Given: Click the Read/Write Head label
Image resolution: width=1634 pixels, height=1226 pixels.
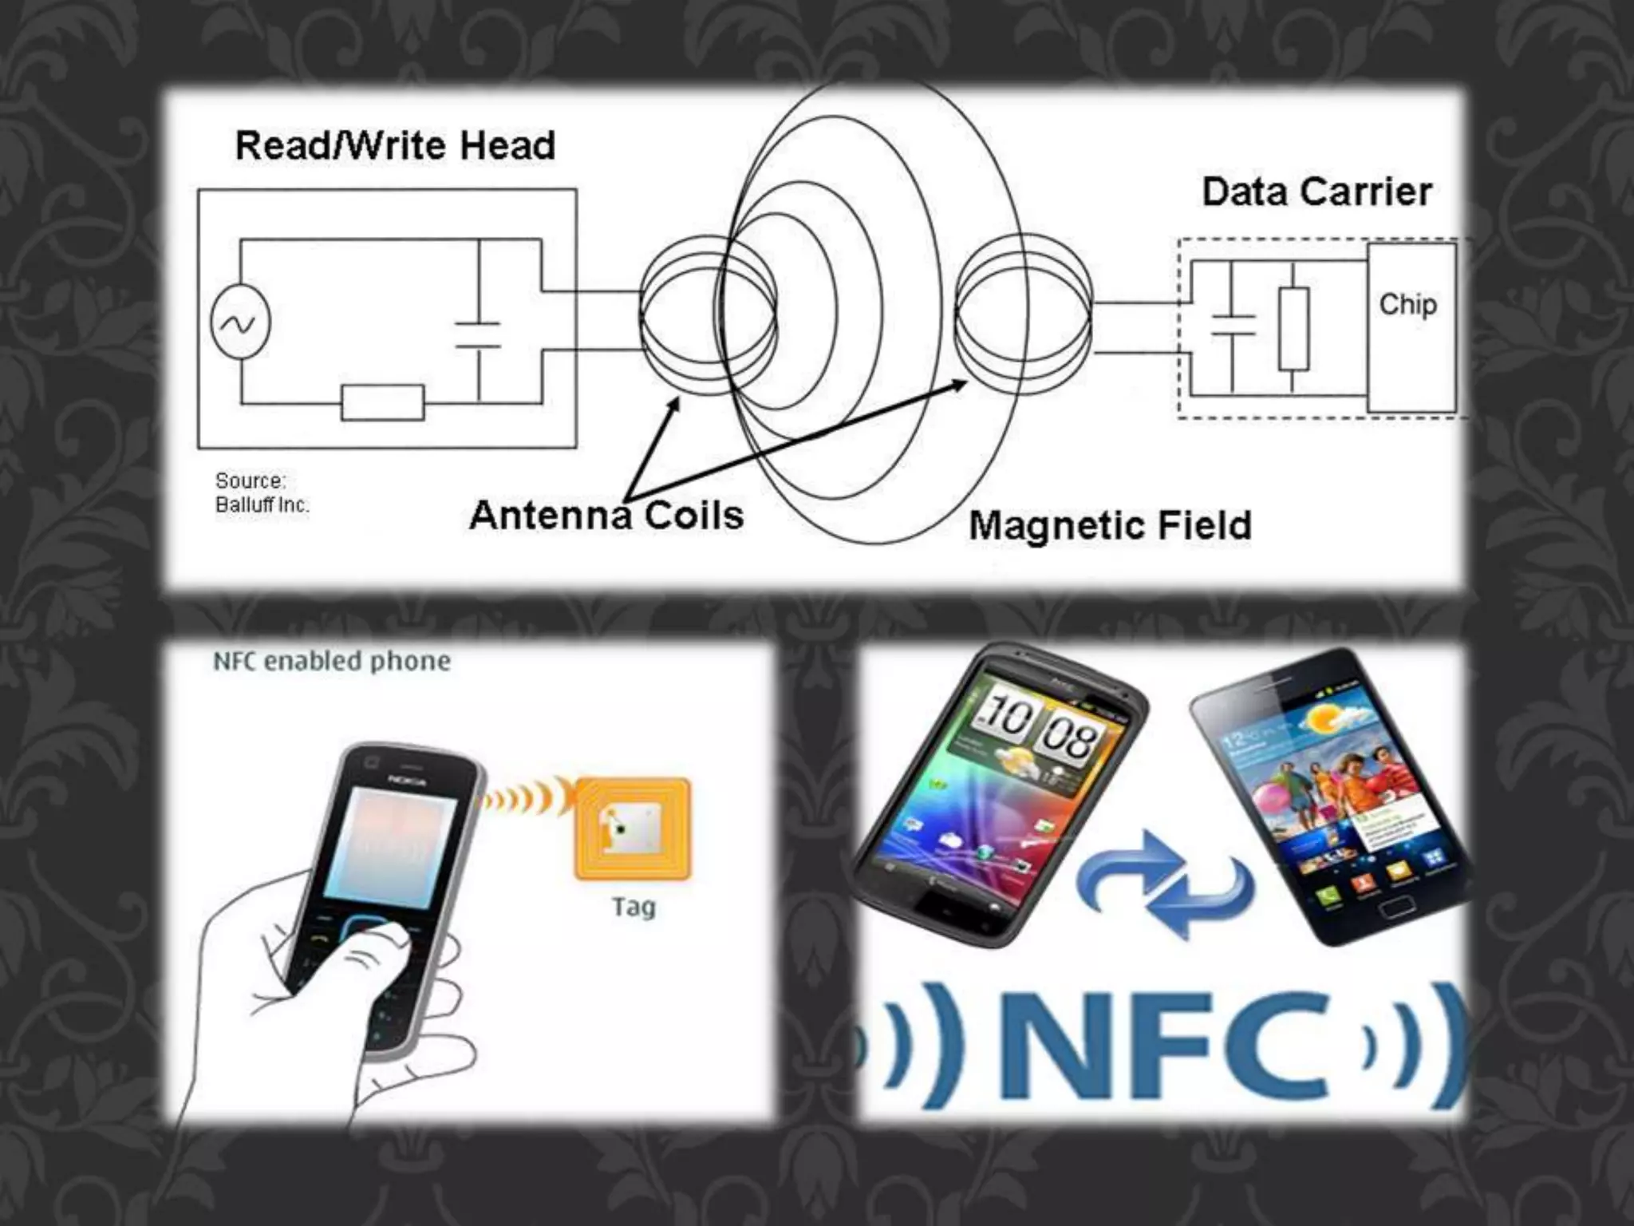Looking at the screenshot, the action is [395, 146].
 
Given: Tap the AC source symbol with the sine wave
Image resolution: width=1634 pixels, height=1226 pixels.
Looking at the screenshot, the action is [240, 322].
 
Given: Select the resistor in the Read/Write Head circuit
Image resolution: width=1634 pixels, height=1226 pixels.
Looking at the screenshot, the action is [383, 402].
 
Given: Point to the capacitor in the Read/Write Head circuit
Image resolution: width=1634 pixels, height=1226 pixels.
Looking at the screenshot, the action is [479, 335].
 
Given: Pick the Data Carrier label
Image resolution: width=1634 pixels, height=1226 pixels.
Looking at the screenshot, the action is [1316, 192].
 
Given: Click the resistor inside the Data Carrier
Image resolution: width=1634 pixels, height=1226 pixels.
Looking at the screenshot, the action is [1293, 329].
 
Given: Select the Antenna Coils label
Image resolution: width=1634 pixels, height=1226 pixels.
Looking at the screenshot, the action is [606, 515].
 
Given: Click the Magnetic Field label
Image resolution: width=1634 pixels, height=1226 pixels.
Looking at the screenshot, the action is [1110, 525].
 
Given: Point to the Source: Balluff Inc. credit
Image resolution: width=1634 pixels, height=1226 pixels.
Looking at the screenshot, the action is [261, 492].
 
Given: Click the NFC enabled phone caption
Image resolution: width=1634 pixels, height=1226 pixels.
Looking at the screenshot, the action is [331, 661].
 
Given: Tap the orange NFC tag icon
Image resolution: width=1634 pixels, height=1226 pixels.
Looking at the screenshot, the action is [632, 829].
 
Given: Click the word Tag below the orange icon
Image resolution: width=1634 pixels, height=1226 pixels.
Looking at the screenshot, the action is [633, 907].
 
